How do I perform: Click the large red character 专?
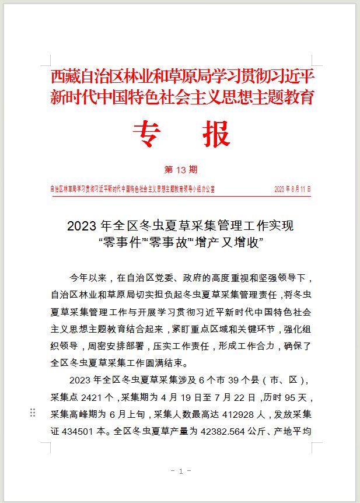(146, 134)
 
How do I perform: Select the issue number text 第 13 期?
(181, 170)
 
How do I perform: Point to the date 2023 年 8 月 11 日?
(292, 189)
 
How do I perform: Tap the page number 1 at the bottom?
(181, 471)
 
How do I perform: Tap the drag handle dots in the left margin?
(33, 413)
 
